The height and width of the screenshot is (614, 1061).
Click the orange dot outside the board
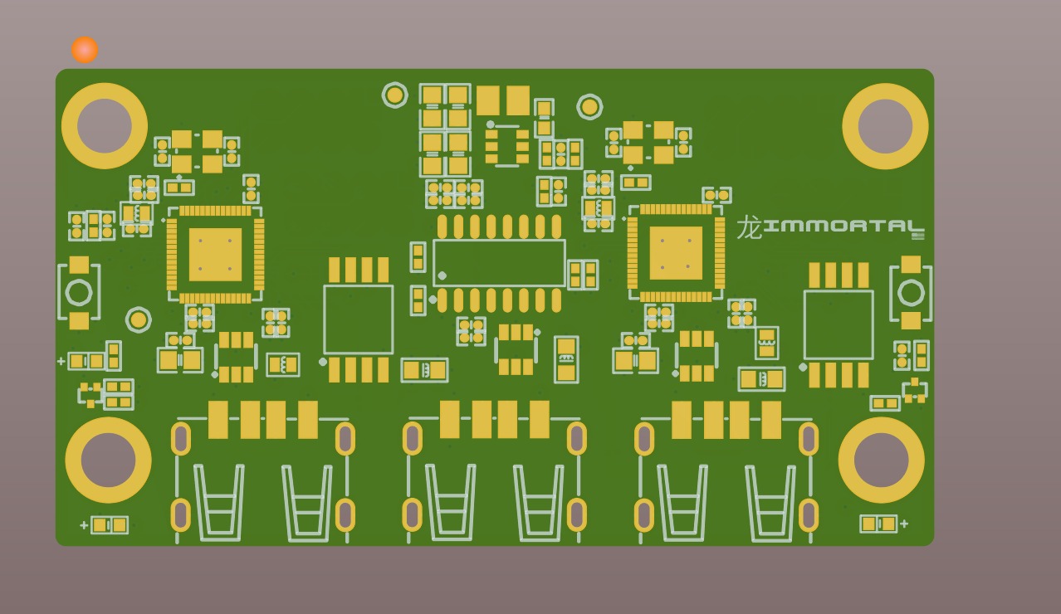85,50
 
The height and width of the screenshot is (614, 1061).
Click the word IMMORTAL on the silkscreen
844,227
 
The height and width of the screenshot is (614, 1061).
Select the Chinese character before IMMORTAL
750,227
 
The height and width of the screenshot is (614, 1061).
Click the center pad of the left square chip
215,254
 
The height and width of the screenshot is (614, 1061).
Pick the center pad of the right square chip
676,253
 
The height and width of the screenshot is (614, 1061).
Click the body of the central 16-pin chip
499,263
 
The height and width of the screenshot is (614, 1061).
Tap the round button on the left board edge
79,293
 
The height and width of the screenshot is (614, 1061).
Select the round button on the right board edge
911,293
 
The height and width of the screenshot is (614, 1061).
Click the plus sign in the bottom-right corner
904,524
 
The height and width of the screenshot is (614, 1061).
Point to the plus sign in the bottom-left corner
85,525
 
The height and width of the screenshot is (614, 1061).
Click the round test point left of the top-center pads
394,95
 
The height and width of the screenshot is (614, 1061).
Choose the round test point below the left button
139,320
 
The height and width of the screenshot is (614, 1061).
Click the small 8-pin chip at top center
506,146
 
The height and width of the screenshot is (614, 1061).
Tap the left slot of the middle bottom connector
412,438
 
